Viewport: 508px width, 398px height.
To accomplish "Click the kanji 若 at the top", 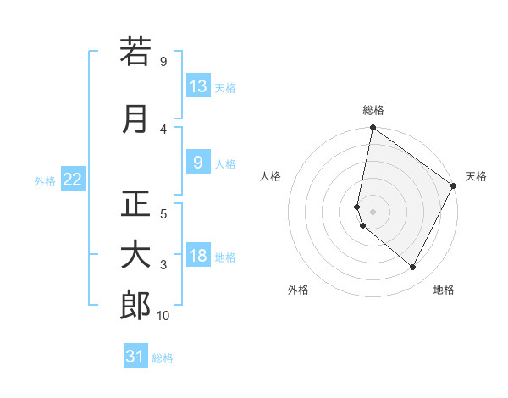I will (x=135, y=51).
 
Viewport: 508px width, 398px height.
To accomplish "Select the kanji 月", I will (x=135, y=119).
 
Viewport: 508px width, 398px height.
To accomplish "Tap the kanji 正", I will (x=135, y=204).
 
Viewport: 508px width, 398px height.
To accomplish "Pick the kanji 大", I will (x=135, y=256).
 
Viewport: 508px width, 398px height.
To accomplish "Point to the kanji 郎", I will (x=135, y=306).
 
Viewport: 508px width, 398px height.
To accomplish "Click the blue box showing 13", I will (x=198, y=86).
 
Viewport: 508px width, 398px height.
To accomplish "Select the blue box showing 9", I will (x=198, y=163).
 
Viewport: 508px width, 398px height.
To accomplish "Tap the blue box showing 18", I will (x=198, y=256).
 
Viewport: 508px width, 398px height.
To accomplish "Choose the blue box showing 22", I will (x=73, y=179).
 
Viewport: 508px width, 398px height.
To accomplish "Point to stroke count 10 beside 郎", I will (x=163, y=316).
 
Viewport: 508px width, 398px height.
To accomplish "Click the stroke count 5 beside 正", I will (x=163, y=213).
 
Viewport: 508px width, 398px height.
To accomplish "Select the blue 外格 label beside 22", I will (x=45, y=180).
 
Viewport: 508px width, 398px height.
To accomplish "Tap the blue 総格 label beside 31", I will (x=163, y=358).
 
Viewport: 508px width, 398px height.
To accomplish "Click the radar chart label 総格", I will (x=373, y=110).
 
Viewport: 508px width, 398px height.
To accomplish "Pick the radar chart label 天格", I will (x=476, y=176).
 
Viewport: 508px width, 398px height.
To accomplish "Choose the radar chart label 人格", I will (x=271, y=176).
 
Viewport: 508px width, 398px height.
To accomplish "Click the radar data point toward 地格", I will (x=413, y=268).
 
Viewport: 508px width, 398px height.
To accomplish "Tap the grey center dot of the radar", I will (x=373, y=212).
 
